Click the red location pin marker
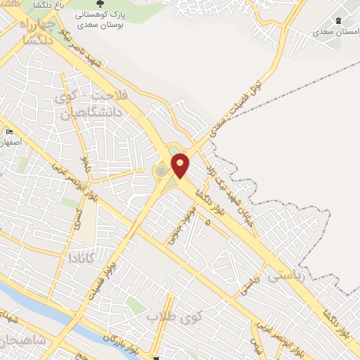pyautogui.click(x=181, y=165)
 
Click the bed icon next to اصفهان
pyautogui.click(x=9, y=131)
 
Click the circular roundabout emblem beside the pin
pyautogui.click(x=162, y=171)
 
